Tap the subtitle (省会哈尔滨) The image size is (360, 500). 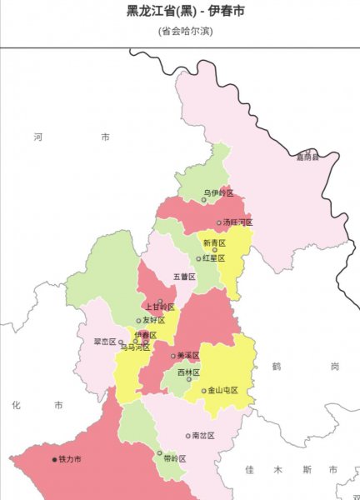(180, 31)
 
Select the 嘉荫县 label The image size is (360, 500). (308, 156)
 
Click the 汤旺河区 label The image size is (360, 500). (237, 222)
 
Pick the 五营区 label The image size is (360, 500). (183, 276)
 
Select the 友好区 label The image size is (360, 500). (155, 320)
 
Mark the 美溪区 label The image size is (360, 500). (189, 356)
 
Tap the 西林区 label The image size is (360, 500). (189, 372)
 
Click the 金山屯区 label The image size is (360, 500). (222, 390)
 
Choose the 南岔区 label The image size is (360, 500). (202, 435)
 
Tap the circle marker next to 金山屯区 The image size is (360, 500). (203, 390)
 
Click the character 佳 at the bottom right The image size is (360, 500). (249, 470)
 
